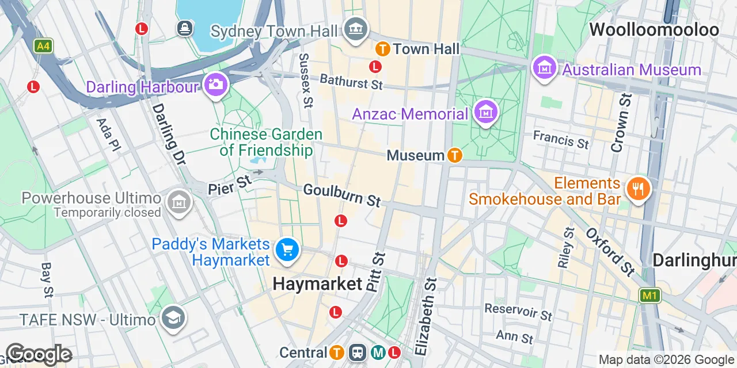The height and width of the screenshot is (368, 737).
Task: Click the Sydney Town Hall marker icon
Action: click(x=356, y=28)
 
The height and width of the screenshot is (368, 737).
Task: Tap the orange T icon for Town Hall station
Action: click(x=381, y=49)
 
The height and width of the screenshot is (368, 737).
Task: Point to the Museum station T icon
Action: click(x=455, y=155)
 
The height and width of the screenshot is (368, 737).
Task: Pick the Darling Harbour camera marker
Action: click(x=216, y=85)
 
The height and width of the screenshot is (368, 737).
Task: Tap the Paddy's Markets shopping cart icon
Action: click(x=286, y=250)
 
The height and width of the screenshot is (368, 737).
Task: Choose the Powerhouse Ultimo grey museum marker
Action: click(x=178, y=202)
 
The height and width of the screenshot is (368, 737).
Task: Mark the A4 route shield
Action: click(x=43, y=46)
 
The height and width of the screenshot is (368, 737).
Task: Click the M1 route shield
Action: click(x=649, y=296)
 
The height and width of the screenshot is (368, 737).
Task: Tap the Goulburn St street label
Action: click(x=342, y=195)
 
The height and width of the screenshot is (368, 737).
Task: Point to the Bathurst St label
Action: click(x=351, y=82)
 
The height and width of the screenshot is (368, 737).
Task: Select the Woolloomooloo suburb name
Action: click(x=654, y=30)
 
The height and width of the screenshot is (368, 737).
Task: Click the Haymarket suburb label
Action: click(x=317, y=283)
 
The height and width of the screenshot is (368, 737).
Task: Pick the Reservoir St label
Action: click(x=518, y=312)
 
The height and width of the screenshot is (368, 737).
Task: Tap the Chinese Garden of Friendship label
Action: click(x=265, y=143)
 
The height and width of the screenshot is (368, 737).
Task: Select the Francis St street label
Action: click(x=561, y=139)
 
